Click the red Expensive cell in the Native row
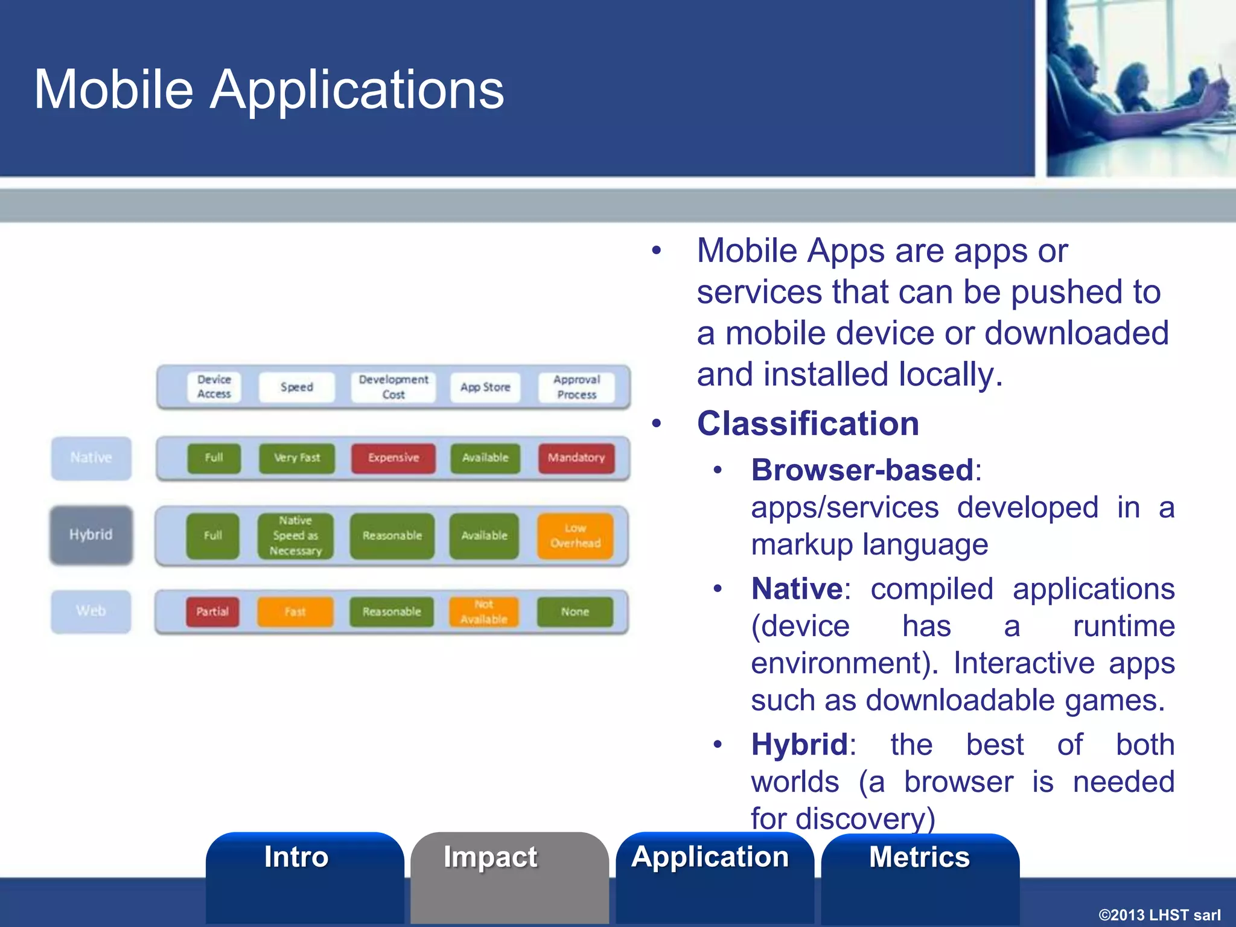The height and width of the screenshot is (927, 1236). [x=393, y=458]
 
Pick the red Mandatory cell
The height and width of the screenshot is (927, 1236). [x=576, y=458]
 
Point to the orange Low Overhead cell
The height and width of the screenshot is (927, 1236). [x=575, y=536]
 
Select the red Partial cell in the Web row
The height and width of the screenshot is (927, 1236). [x=212, y=612]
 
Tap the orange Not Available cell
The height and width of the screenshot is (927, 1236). [x=483, y=612]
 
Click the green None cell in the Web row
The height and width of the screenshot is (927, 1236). [x=575, y=612]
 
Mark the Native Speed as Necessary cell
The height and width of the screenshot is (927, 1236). [x=295, y=536]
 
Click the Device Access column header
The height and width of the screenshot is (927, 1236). [x=214, y=387]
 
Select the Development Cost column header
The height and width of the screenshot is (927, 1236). [x=393, y=387]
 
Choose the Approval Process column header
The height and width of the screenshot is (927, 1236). [x=576, y=387]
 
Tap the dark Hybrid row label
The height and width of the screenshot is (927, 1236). [x=91, y=535]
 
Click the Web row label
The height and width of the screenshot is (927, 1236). [x=91, y=611]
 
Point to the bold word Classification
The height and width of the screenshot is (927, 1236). [x=808, y=424]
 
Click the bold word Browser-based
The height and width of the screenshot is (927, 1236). [x=862, y=470]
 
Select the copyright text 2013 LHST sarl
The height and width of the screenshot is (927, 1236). [x=1159, y=915]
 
